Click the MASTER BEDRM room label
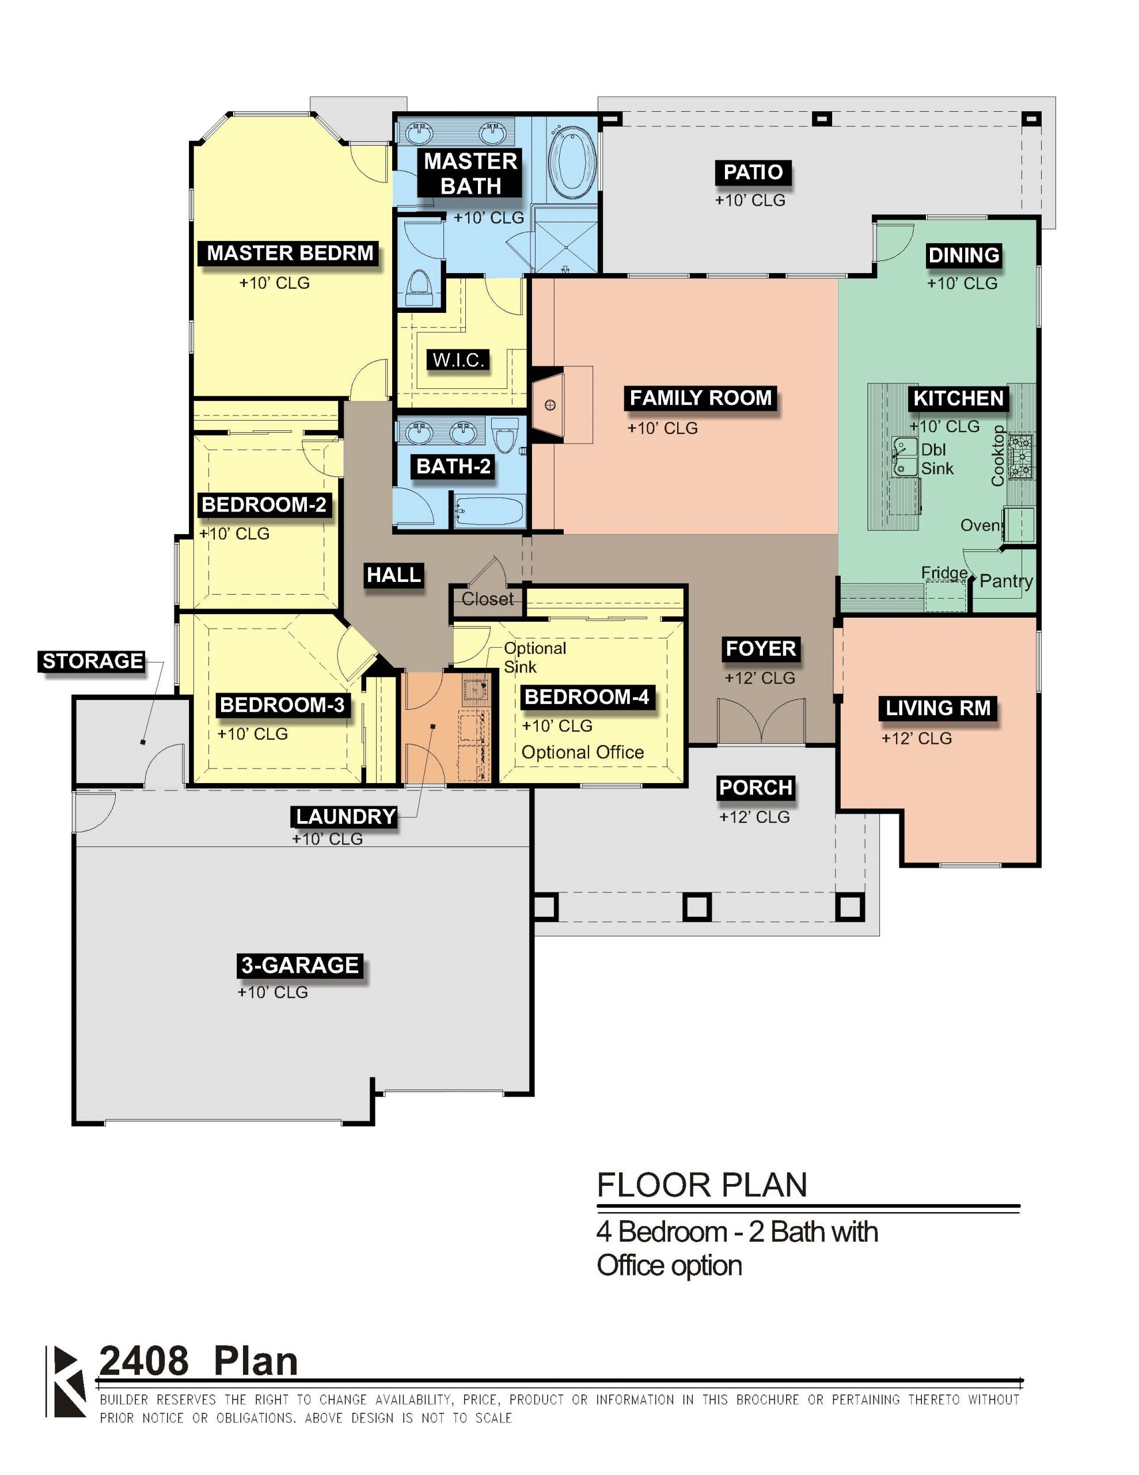click(290, 254)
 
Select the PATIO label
click(753, 172)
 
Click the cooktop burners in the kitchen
click(1020, 456)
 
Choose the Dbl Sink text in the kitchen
click(937, 459)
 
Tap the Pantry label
click(1006, 581)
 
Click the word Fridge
click(944, 573)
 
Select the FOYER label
click(760, 648)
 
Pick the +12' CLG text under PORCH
click(754, 817)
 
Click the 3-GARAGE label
click(300, 965)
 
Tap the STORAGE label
click(93, 661)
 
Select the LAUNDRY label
click(346, 816)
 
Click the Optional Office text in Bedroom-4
click(583, 752)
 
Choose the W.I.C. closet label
click(458, 360)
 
